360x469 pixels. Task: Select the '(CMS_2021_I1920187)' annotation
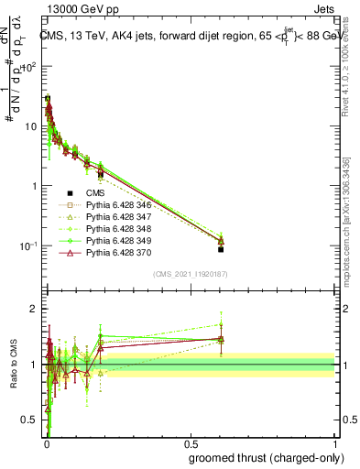click(190, 273)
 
